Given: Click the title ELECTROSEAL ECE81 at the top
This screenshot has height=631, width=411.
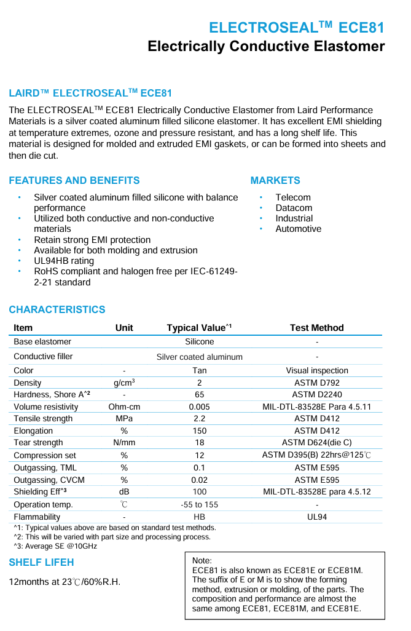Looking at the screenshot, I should [x=297, y=28].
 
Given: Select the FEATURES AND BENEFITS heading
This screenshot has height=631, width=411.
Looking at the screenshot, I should [x=74, y=180].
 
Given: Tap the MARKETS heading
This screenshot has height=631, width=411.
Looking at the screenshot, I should [x=275, y=180].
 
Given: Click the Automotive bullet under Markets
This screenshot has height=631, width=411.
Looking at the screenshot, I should [x=298, y=229].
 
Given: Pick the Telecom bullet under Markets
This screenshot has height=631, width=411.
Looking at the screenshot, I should [x=293, y=197].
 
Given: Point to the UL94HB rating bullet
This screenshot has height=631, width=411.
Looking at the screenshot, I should [x=64, y=261].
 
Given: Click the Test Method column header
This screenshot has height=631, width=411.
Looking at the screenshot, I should [x=316, y=328].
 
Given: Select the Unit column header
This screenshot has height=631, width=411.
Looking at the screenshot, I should [x=124, y=328].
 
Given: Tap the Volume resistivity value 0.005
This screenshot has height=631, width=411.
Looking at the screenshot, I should [x=199, y=407].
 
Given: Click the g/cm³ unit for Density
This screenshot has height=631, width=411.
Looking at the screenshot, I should [x=124, y=383].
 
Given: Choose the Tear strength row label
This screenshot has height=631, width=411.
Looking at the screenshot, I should [x=38, y=442].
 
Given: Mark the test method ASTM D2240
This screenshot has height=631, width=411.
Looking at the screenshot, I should [x=316, y=394].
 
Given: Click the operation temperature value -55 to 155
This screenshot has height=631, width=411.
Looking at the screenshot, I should [x=199, y=504].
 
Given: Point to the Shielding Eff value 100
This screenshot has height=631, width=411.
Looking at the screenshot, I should [x=199, y=492].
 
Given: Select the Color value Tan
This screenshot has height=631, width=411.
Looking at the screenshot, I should [x=199, y=370].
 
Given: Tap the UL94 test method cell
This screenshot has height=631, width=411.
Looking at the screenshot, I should [x=316, y=517].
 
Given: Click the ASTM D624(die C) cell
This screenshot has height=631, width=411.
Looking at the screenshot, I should [x=316, y=442].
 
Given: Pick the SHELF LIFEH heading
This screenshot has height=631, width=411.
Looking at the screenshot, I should [x=41, y=562].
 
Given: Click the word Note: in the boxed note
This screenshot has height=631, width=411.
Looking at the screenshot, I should [x=202, y=561].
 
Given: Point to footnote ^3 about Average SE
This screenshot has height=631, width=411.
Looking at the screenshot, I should [x=55, y=546].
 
